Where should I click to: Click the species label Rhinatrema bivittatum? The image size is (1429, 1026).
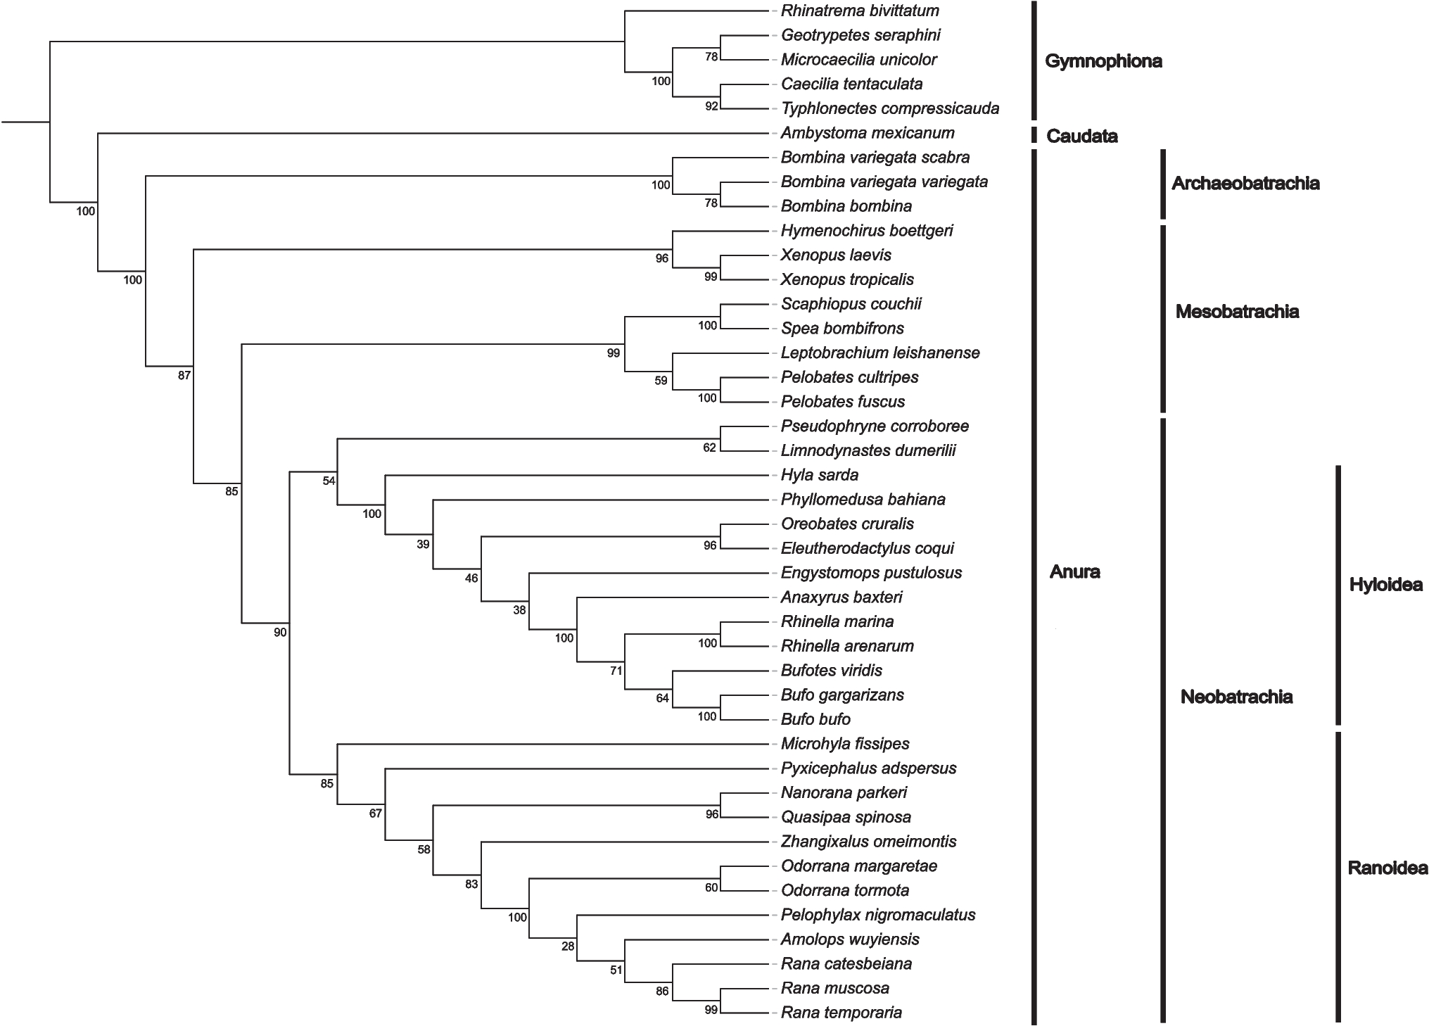[860, 11]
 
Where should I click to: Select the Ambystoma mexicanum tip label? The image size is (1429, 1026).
[868, 133]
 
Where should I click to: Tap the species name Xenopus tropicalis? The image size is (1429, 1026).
[847, 279]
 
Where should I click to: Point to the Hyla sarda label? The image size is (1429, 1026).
[820, 475]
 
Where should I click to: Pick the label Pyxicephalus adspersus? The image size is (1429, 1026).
[868, 768]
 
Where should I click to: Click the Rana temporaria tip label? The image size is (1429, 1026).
[841, 1013]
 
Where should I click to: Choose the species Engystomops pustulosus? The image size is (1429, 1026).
[871, 573]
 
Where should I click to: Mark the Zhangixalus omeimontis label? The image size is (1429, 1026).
[868, 842]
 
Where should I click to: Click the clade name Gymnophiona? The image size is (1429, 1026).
[1103, 61]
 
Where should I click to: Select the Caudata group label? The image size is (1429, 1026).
[1081, 136]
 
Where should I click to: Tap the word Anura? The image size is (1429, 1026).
[1074, 571]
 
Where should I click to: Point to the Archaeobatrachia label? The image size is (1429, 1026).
[1245, 184]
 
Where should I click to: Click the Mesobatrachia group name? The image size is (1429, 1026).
[1237, 312]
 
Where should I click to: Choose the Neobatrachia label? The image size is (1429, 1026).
[1236, 697]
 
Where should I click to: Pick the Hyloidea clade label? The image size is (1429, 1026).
[1385, 585]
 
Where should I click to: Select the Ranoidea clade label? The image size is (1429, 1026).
[1387, 868]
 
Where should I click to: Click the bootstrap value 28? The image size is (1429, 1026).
[568, 946]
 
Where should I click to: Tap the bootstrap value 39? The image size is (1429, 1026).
[423, 544]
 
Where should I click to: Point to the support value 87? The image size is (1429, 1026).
[184, 376]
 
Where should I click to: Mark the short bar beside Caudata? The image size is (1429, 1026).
[1034, 134]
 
